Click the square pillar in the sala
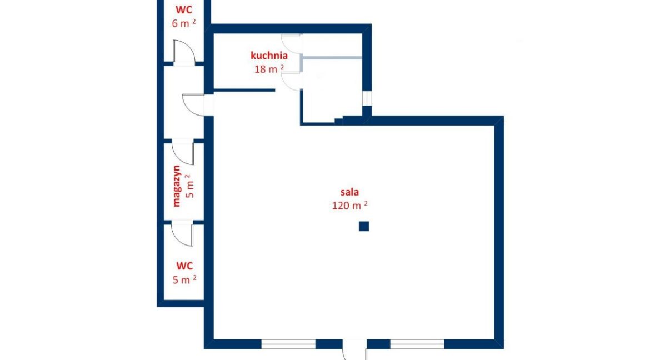(363, 226)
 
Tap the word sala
(349, 192)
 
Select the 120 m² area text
(349, 205)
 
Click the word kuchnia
(269, 55)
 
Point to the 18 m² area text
(269, 69)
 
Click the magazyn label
(177, 186)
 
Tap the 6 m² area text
(184, 23)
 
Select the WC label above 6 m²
(184, 9)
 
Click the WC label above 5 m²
(184, 266)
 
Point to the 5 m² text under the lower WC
(184, 279)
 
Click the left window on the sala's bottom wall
(288, 344)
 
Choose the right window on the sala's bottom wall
(417, 344)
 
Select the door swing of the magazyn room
(183, 152)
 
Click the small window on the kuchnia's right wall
(367, 98)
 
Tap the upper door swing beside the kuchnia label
(292, 43)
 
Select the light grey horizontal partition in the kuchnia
(332, 57)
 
